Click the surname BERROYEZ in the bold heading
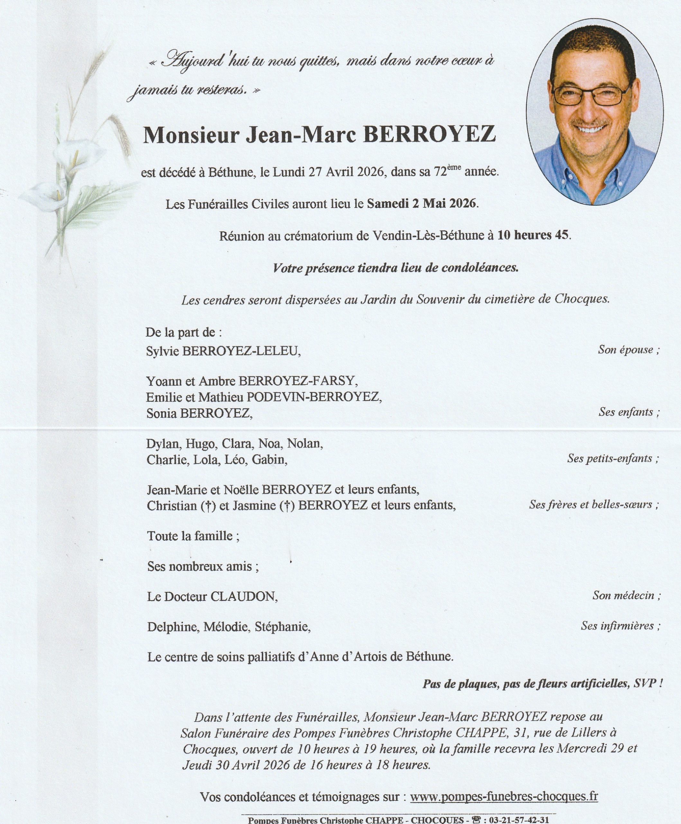(429, 135)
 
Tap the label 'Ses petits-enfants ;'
(613, 458)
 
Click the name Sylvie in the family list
(162, 351)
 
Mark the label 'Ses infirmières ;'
(621, 626)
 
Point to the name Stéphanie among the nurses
(282, 627)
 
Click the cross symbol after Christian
(209, 506)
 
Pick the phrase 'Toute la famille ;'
(193, 536)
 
